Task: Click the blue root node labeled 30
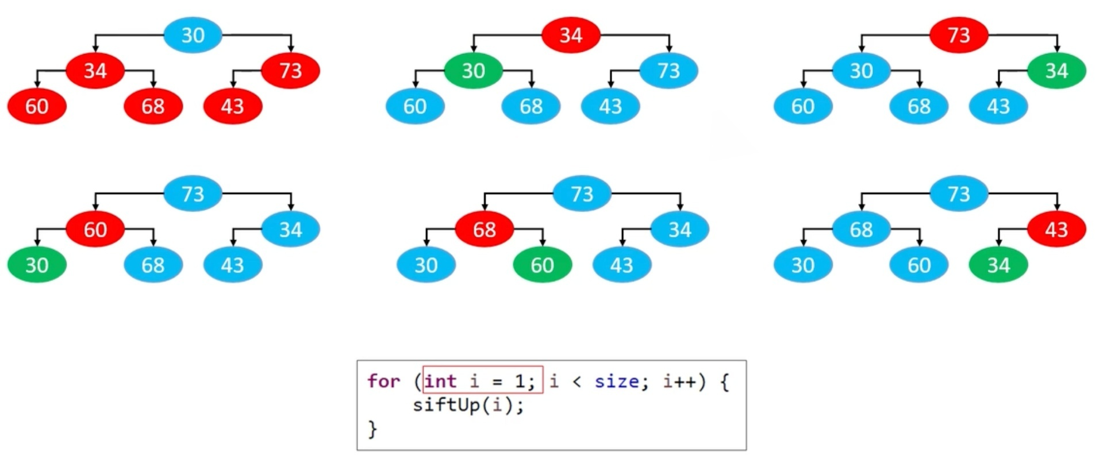[193, 35]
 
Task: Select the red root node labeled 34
[571, 35]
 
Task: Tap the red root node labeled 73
[959, 35]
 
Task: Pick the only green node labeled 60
[542, 265]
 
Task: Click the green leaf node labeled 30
[37, 265]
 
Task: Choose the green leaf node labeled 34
[998, 265]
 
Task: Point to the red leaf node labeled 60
[37, 106]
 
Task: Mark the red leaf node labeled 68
[153, 106]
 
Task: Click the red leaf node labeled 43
[232, 106]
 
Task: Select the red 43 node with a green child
[1056, 229]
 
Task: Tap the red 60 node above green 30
[95, 229]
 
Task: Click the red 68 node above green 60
[485, 229]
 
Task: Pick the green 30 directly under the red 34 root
[473, 71]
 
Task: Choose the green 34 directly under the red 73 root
[1056, 71]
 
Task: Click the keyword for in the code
[383, 381]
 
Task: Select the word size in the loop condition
[616, 381]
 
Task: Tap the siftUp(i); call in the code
[468, 405]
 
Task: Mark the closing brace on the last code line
[372, 428]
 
